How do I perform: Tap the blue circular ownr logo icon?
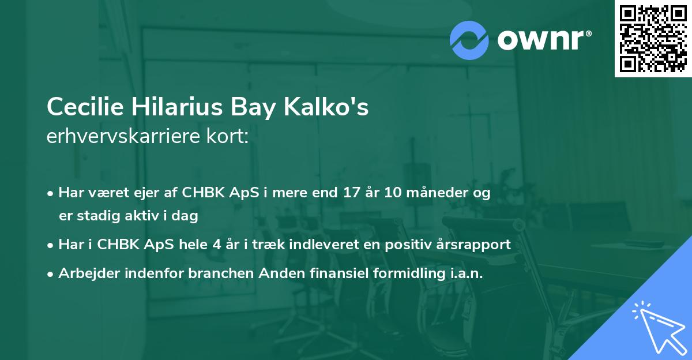[469, 40]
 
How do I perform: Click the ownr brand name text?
[543, 40]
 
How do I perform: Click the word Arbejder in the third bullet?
[87, 273]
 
